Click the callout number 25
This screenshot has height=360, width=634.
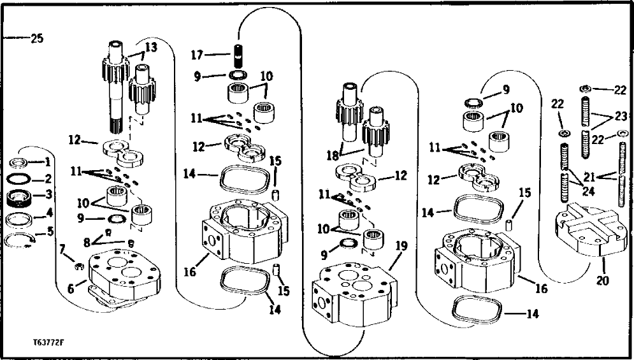click(37, 39)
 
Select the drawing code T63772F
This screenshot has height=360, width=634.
click(48, 343)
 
